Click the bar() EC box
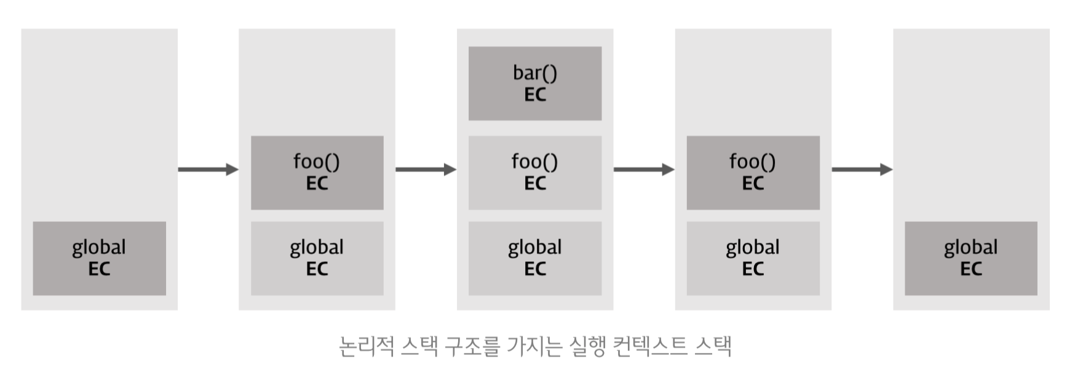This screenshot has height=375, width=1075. click(x=534, y=83)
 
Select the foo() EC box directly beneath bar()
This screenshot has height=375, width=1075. click(x=534, y=173)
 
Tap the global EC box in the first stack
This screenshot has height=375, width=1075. click(x=99, y=258)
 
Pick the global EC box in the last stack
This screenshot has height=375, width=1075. click(x=970, y=258)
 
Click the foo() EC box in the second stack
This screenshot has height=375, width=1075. click(x=317, y=173)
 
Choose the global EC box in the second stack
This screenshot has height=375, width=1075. click(x=317, y=258)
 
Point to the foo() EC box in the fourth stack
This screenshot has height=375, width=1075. click(x=753, y=173)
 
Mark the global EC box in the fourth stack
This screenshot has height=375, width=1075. click(x=753, y=258)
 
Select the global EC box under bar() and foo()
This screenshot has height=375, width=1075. click(x=534, y=258)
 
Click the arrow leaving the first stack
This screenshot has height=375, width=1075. click(x=208, y=169)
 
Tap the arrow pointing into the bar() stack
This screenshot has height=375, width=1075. click(x=426, y=169)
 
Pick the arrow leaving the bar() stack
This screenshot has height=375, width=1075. click(x=644, y=169)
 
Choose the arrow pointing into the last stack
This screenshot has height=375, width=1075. click(x=862, y=169)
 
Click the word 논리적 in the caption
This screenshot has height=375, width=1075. click(x=367, y=346)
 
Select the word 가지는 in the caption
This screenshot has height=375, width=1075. click(x=534, y=346)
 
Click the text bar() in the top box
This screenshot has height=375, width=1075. click(x=534, y=73)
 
